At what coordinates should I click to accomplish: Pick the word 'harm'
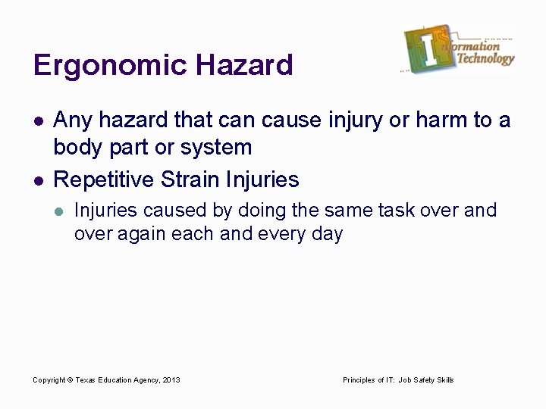(x=453, y=120)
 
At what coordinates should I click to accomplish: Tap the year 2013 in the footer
(x=172, y=379)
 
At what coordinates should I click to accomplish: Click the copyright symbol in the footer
(x=70, y=379)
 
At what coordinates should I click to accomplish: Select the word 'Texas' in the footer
(x=85, y=379)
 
